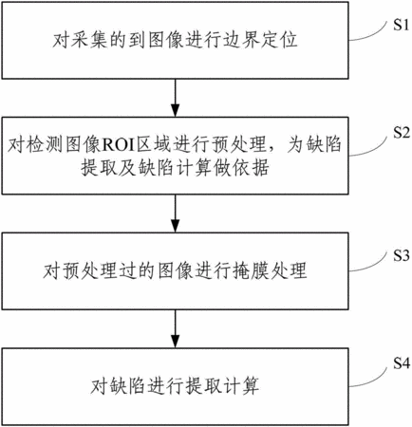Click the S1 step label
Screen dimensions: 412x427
tap(402, 24)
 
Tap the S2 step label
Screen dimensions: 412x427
tap(402, 132)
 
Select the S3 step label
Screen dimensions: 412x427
tap(402, 255)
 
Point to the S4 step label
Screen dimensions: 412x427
tap(402, 363)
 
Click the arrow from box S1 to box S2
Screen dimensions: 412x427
tap(175, 98)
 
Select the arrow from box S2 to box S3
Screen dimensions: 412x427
tap(175, 213)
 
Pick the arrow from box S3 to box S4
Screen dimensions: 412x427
tap(175, 328)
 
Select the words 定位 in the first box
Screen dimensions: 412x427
tap(279, 41)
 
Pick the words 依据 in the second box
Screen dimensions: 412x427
tap(251, 168)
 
